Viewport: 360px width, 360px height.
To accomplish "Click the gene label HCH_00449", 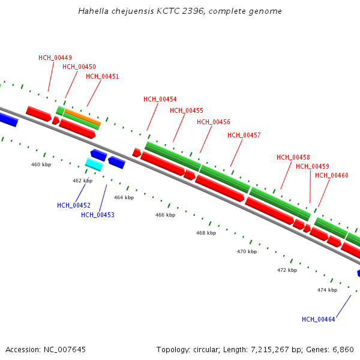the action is (55, 58).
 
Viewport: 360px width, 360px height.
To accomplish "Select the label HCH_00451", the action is (103, 76).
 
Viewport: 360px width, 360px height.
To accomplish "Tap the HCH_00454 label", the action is (160, 99).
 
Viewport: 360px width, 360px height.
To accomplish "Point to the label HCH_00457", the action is (244, 135).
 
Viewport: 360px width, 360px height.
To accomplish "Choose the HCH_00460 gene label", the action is (332, 175).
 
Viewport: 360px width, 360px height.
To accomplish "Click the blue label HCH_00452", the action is (74, 205).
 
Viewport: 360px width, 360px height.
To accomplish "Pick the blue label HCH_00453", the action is (98, 215).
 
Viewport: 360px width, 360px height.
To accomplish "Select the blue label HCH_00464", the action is (319, 319).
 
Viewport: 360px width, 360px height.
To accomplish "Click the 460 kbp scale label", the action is (41, 164).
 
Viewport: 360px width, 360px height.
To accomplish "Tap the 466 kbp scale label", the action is (166, 215).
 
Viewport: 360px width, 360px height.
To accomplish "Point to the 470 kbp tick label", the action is (247, 251).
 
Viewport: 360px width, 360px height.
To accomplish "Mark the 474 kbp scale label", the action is (327, 290).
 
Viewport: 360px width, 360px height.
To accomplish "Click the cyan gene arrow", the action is (94, 164).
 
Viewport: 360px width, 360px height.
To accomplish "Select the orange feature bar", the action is (82, 117).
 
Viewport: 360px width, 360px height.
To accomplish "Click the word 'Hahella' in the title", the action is (92, 11).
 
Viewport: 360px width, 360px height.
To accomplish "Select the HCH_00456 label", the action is (214, 122).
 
